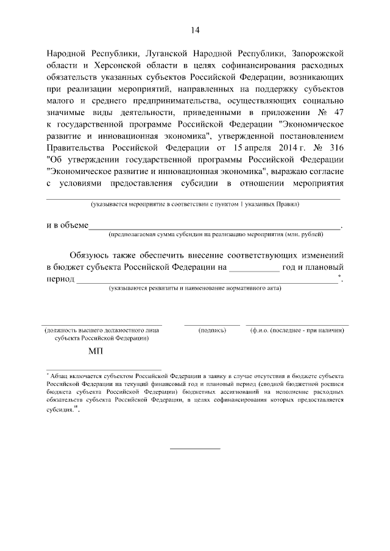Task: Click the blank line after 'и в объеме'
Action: coord(215,228)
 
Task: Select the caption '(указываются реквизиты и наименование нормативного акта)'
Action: coord(195,288)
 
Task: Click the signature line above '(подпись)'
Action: coord(212,325)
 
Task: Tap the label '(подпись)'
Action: coord(212,331)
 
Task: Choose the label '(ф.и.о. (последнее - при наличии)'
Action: coord(297,331)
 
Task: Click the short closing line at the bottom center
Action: coord(195,449)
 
